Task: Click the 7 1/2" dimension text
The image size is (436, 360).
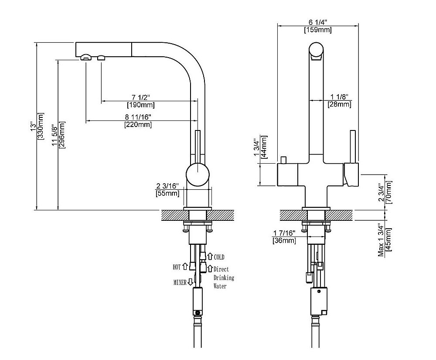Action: pyautogui.click(x=140, y=97)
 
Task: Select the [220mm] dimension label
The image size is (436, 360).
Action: pyautogui.click(x=139, y=125)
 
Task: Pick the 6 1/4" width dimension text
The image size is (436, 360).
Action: pyautogui.click(x=318, y=22)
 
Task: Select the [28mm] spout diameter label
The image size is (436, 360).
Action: pyautogui.click(x=339, y=104)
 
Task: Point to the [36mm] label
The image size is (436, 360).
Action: pyautogui.click(x=284, y=240)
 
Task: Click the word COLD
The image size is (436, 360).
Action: pyautogui.click(x=219, y=257)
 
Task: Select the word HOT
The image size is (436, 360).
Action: pyautogui.click(x=177, y=266)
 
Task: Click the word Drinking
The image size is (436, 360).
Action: pyautogui.click(x=224, y=278)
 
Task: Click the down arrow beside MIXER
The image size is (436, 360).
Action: pyautogui.click(x=190, y=282)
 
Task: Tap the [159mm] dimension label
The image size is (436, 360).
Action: pyautogui.click(x=318, y=30)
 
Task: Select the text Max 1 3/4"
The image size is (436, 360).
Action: pyautogui.click(x=381, y=240)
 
